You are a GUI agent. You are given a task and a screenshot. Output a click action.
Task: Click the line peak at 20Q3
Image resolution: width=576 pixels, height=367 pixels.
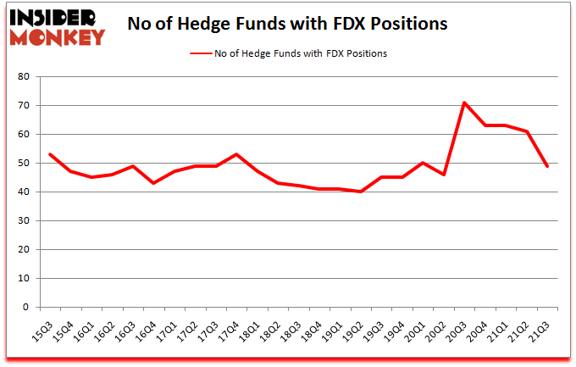tap(465, 103)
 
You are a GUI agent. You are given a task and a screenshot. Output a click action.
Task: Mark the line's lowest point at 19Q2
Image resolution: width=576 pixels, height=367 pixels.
tap(361, 192)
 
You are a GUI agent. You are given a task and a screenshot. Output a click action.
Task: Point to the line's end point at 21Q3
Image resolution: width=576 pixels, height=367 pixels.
tap(548, 166)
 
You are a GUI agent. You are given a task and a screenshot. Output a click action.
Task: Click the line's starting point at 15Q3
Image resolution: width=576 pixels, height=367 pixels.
tap(50, 154)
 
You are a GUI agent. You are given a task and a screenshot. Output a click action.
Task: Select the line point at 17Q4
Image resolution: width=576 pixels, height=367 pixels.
tap(236, 154)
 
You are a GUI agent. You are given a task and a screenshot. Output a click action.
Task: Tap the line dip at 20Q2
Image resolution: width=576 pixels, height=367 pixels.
tap(444, 175)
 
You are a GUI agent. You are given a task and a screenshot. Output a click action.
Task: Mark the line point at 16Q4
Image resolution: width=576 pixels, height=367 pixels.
tap(153, 183)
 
